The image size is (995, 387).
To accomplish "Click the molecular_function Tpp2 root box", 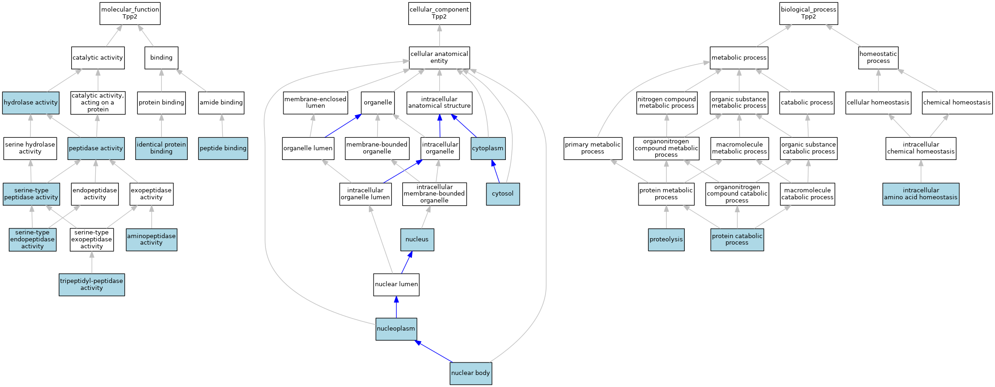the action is point(130,13).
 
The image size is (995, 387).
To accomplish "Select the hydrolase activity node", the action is point(31,103).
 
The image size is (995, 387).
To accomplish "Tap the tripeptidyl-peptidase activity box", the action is point(92,284).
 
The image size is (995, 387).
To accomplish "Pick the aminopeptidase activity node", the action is point(151,240).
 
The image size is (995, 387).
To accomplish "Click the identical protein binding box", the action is point(161,148).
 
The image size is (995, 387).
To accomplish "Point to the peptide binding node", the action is point(223,148).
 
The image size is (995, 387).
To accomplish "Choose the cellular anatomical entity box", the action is point(439,58).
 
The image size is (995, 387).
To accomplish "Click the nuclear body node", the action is point(471,373).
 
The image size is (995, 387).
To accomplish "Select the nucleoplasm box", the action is point(396,329).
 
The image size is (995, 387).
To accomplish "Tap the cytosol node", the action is point(503,194).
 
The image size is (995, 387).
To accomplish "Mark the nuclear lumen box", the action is point(396,284).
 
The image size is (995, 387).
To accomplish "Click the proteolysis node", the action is point(666,240).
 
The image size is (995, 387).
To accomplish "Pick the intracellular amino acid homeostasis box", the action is point(921,194).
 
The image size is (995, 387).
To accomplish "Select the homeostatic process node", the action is point(878,58).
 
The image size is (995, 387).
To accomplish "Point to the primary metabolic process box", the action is point(593,148).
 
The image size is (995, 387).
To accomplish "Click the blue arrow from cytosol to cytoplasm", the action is point(496,172).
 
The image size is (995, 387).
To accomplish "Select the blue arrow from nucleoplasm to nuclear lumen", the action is point(396,307).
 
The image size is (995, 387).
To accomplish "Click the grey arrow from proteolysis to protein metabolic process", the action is point(666,217).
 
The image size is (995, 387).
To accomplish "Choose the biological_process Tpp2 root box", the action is point(809,13).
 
